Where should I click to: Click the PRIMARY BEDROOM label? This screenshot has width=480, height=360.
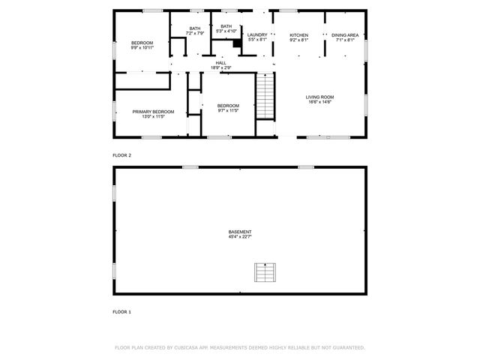click(x=153, y=112)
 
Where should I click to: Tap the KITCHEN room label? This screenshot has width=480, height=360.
click(x=299, y=35)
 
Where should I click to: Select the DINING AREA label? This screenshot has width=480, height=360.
click(x=344, y=35)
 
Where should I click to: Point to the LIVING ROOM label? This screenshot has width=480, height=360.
click(x=319, y=97)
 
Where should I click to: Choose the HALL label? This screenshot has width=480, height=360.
click(x=221, y=63)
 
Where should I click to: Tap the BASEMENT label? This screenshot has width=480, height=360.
click(x=240, y=232)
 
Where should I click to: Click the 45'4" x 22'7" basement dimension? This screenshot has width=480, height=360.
click(x=240, y=237)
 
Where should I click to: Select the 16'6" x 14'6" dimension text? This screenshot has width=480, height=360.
click(x=319, y=102)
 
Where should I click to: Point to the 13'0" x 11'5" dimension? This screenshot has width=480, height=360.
click(x=153, y=117)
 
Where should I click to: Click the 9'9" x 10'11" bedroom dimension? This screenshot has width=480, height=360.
click(x=142, y=48)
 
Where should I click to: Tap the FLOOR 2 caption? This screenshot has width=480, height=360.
click(x=121, y=155)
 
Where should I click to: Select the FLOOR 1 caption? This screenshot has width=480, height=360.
click(x=121, y=311)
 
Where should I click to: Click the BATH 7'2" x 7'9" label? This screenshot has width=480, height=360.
click(x=195, y=31)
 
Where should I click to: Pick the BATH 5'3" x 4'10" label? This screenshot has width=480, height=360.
click(x=226, y=28)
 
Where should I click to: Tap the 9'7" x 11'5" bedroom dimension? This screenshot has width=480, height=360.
click(x=228, y=111)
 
